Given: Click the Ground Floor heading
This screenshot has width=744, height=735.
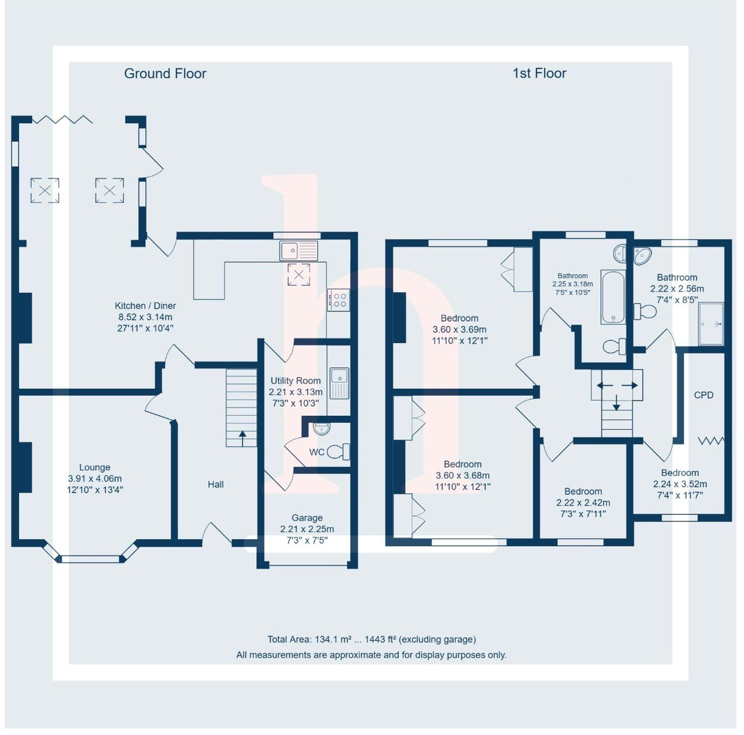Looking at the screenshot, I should [165, 74].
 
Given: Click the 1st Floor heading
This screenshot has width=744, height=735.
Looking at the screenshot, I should [539, 73].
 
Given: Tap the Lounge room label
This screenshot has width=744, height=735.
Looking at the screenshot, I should [95, 467].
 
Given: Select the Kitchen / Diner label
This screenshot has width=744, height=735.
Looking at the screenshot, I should [145, 306].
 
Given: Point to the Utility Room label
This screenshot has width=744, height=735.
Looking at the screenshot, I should [295, 381].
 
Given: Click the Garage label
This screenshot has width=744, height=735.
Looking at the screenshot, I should [307, 517].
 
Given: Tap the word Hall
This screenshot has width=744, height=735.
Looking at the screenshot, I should [216, 485].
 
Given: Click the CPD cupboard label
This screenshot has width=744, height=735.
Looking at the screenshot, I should [703, 395].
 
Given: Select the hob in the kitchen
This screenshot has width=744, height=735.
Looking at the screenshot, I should [338, 299].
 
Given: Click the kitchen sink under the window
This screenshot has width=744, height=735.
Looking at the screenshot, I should [298, 250].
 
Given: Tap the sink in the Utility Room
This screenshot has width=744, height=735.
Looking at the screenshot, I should [339, 383].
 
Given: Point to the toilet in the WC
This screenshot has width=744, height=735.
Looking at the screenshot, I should [338, 452].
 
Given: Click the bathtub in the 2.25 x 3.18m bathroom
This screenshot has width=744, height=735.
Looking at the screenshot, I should [613, 297].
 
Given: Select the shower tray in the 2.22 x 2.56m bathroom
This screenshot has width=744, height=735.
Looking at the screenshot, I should [711, 324].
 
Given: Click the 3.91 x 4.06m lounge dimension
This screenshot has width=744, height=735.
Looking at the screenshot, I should [95, 478].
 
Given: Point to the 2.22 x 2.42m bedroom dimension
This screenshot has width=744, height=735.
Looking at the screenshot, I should [583, 503].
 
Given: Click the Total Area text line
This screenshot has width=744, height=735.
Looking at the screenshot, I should [371, 639].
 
